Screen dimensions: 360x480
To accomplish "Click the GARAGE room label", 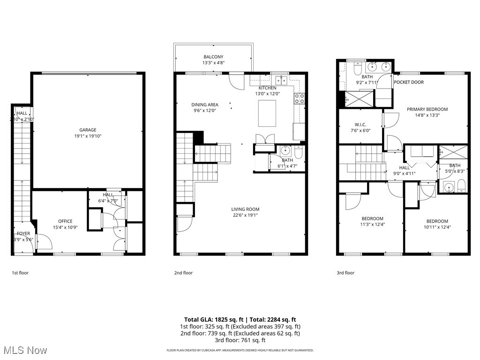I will point(88,130).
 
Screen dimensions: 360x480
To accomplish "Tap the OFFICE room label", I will point(65,221).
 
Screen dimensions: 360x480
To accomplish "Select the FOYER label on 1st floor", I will point(23,233).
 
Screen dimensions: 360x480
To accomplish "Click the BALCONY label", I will point(213,57).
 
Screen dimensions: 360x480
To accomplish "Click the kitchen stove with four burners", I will point(299,98).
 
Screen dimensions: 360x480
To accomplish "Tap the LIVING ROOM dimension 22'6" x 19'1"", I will point(245,215).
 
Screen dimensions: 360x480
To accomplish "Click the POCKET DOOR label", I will point(409,82).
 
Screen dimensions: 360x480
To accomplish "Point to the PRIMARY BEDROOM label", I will point(427,109).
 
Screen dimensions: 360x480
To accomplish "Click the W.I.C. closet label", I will point(360,124).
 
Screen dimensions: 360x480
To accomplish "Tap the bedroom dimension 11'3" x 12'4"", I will point(372,225).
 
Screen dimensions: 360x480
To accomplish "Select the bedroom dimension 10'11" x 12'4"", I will point(437,227).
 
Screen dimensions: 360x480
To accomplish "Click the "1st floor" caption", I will point(20,273).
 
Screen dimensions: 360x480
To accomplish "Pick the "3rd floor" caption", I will point(345,273).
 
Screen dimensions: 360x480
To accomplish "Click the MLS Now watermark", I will point(24,350).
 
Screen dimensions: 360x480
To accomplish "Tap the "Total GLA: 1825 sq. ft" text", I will point(210,319).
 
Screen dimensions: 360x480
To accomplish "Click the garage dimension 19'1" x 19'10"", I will point(88,136).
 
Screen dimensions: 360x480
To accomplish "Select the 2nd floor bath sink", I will point(286,151).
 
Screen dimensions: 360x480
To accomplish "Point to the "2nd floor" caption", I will point(183,273).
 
